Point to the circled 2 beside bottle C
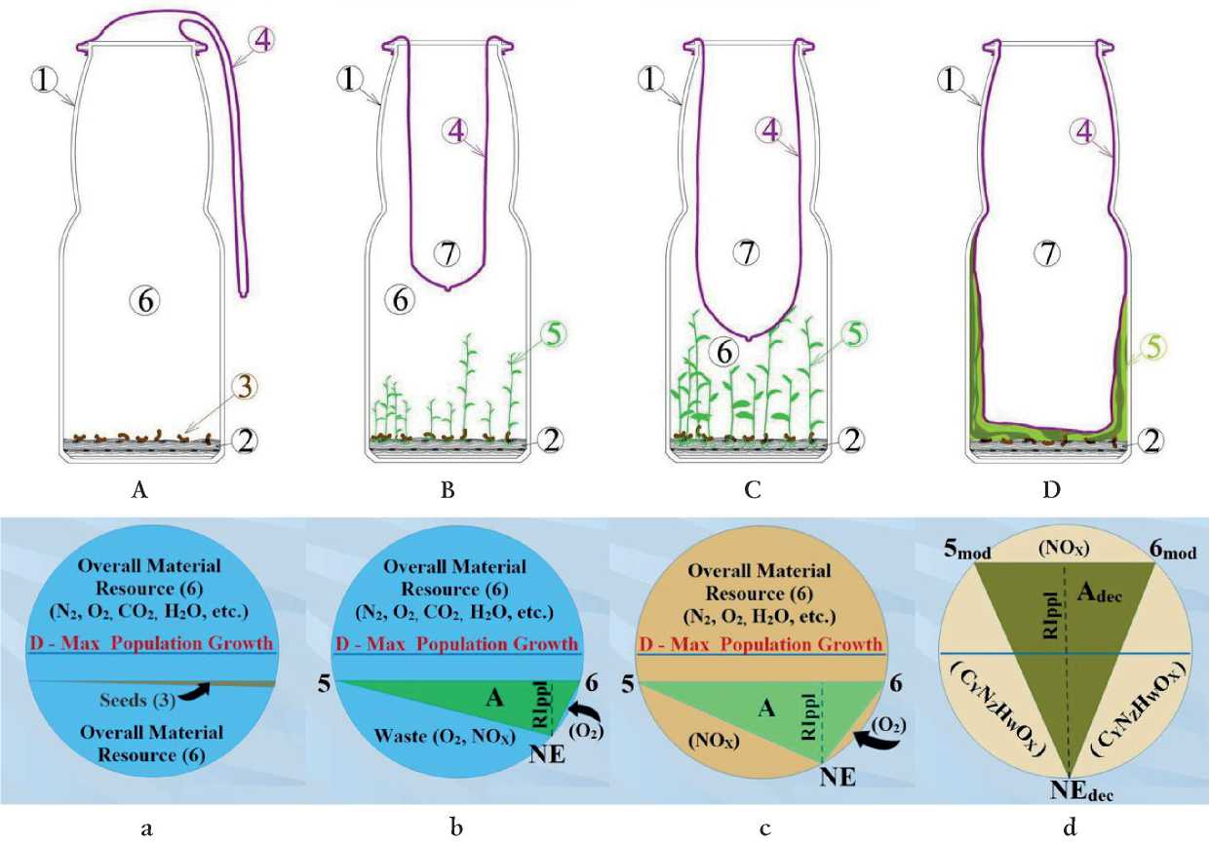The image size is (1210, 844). [x=854, y=439]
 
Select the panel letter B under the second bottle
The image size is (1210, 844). [x=449, y=491]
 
